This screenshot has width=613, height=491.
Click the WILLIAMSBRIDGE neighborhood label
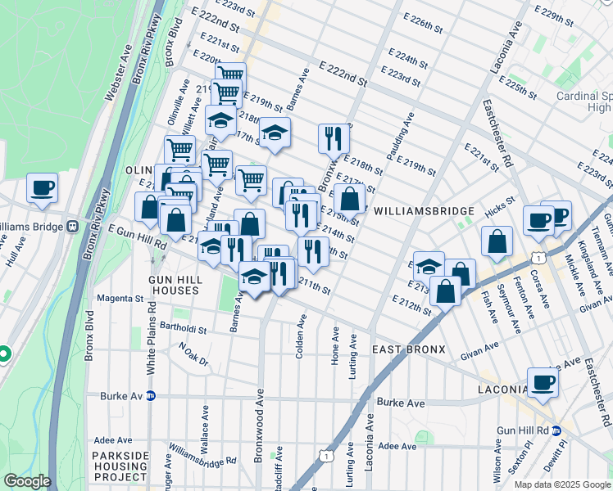(415, 210)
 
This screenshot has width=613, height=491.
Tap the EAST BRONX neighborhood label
(408, 349)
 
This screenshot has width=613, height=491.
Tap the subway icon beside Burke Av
(151, 396)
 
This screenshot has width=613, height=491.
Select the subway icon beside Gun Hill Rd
(556, 430)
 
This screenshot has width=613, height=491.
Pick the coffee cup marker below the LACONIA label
(543, 382)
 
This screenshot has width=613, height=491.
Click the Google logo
(26, 481)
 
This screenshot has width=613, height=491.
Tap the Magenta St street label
(119, 300)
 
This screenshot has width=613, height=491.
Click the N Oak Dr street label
(193, 354)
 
